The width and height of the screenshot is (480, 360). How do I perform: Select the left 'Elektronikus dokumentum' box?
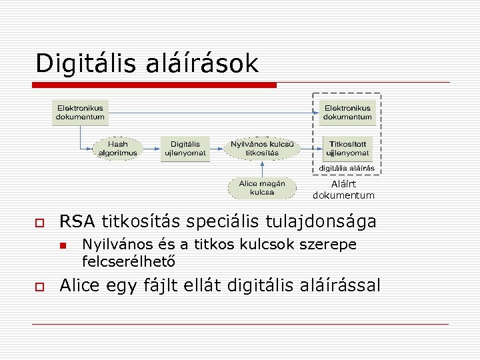(x=80, y=113)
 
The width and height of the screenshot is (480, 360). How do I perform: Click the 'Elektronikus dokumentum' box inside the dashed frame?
(x=347, y=113)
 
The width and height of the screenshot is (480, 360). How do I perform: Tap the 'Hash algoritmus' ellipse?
(x=118, y=149)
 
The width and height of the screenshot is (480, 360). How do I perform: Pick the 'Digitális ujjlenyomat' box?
(x=185, y=149)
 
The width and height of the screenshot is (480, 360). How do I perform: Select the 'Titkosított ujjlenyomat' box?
(x=347, y=149)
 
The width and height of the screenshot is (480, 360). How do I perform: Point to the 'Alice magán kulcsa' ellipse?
(x=262, y=188)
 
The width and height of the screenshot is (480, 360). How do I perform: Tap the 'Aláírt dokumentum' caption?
(x=344, y=190)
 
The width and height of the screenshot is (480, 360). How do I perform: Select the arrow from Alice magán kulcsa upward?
(x=262, y=169)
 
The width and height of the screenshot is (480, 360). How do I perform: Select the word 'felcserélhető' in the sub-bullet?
(x=125, y=259)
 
